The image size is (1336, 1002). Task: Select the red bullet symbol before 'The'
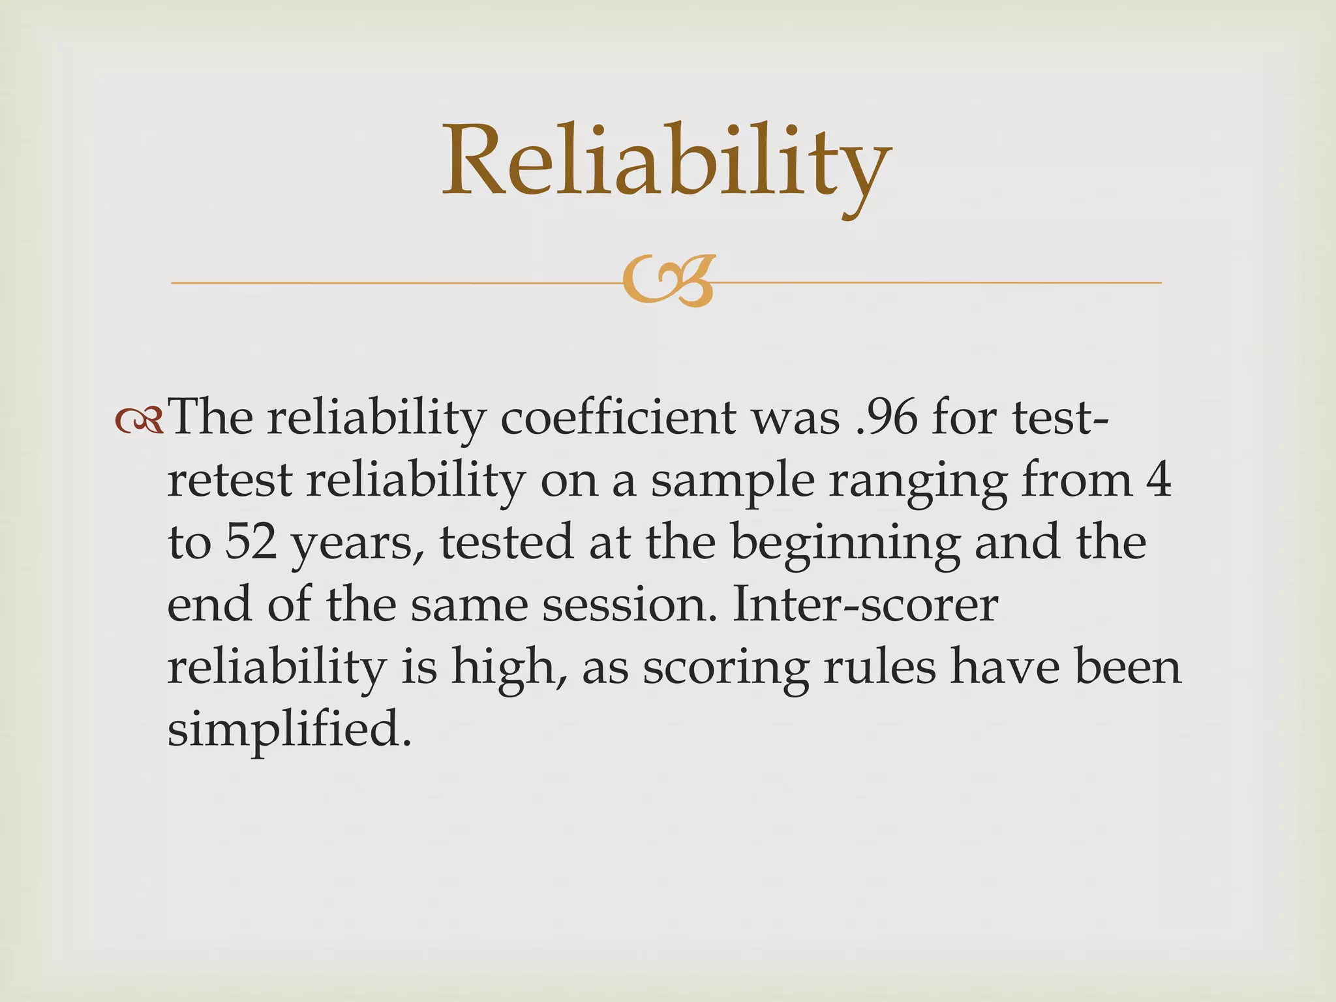[x=138, y=421]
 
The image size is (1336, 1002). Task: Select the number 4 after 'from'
[x=1158, y=480]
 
